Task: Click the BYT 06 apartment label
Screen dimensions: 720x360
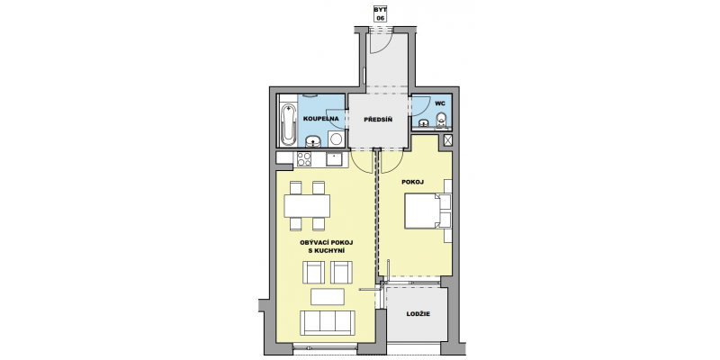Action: (380, 13)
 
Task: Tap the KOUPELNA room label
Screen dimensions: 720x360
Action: (321, 119)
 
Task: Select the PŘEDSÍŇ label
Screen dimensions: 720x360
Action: (378, 120)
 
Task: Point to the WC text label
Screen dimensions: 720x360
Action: (439, 103)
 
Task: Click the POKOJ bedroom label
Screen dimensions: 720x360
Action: (412, 182)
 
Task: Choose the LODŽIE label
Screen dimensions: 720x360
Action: (418, 314)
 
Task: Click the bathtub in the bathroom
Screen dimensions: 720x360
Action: (288, 124)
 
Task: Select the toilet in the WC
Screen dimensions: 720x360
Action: (441, 119)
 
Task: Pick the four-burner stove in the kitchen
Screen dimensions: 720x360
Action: (304, 159)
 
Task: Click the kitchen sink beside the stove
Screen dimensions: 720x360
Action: (333, 159)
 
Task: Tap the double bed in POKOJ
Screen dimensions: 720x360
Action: (422, 211)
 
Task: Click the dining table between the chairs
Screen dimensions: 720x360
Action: (307, 206)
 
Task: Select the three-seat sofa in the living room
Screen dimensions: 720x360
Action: (328, 323)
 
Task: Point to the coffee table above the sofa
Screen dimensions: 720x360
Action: (328, 297)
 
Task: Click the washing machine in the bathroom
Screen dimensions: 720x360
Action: (337, 139)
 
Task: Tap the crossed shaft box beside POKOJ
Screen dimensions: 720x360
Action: (447, 140)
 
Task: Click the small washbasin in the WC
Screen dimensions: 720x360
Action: (423, 122)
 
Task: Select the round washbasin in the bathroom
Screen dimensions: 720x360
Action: (313, 141)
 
